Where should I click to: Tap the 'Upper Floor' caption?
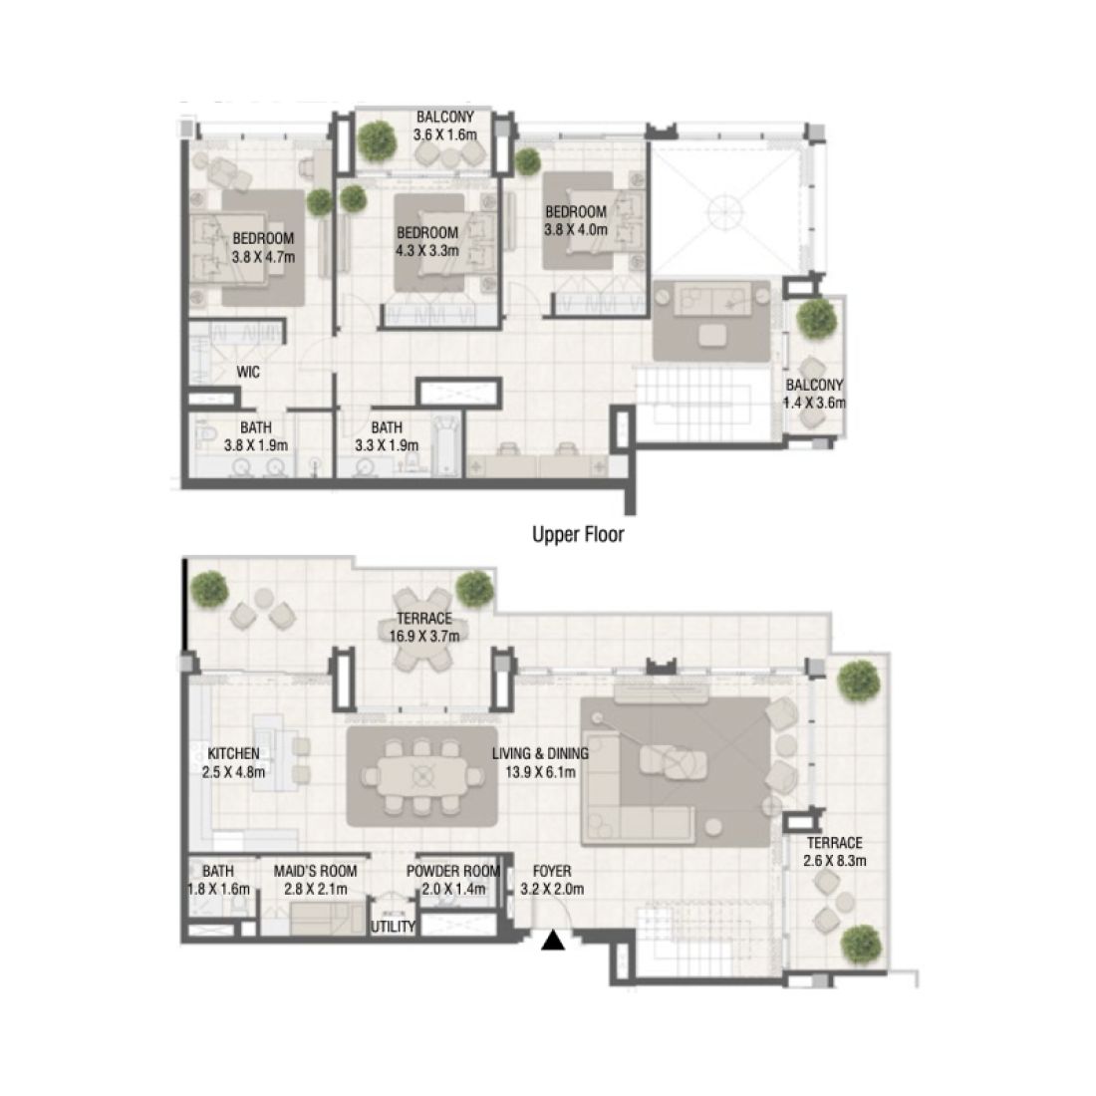coord(579,535)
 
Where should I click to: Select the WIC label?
coord(248,373)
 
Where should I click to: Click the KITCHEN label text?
coord(234,753)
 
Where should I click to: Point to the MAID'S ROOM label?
coord(315,871)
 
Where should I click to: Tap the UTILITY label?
coord(393,927)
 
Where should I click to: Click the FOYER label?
coord(551,871)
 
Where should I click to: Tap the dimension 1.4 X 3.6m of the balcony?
coord(815,403)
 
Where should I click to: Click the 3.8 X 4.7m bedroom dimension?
coord(263,256)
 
